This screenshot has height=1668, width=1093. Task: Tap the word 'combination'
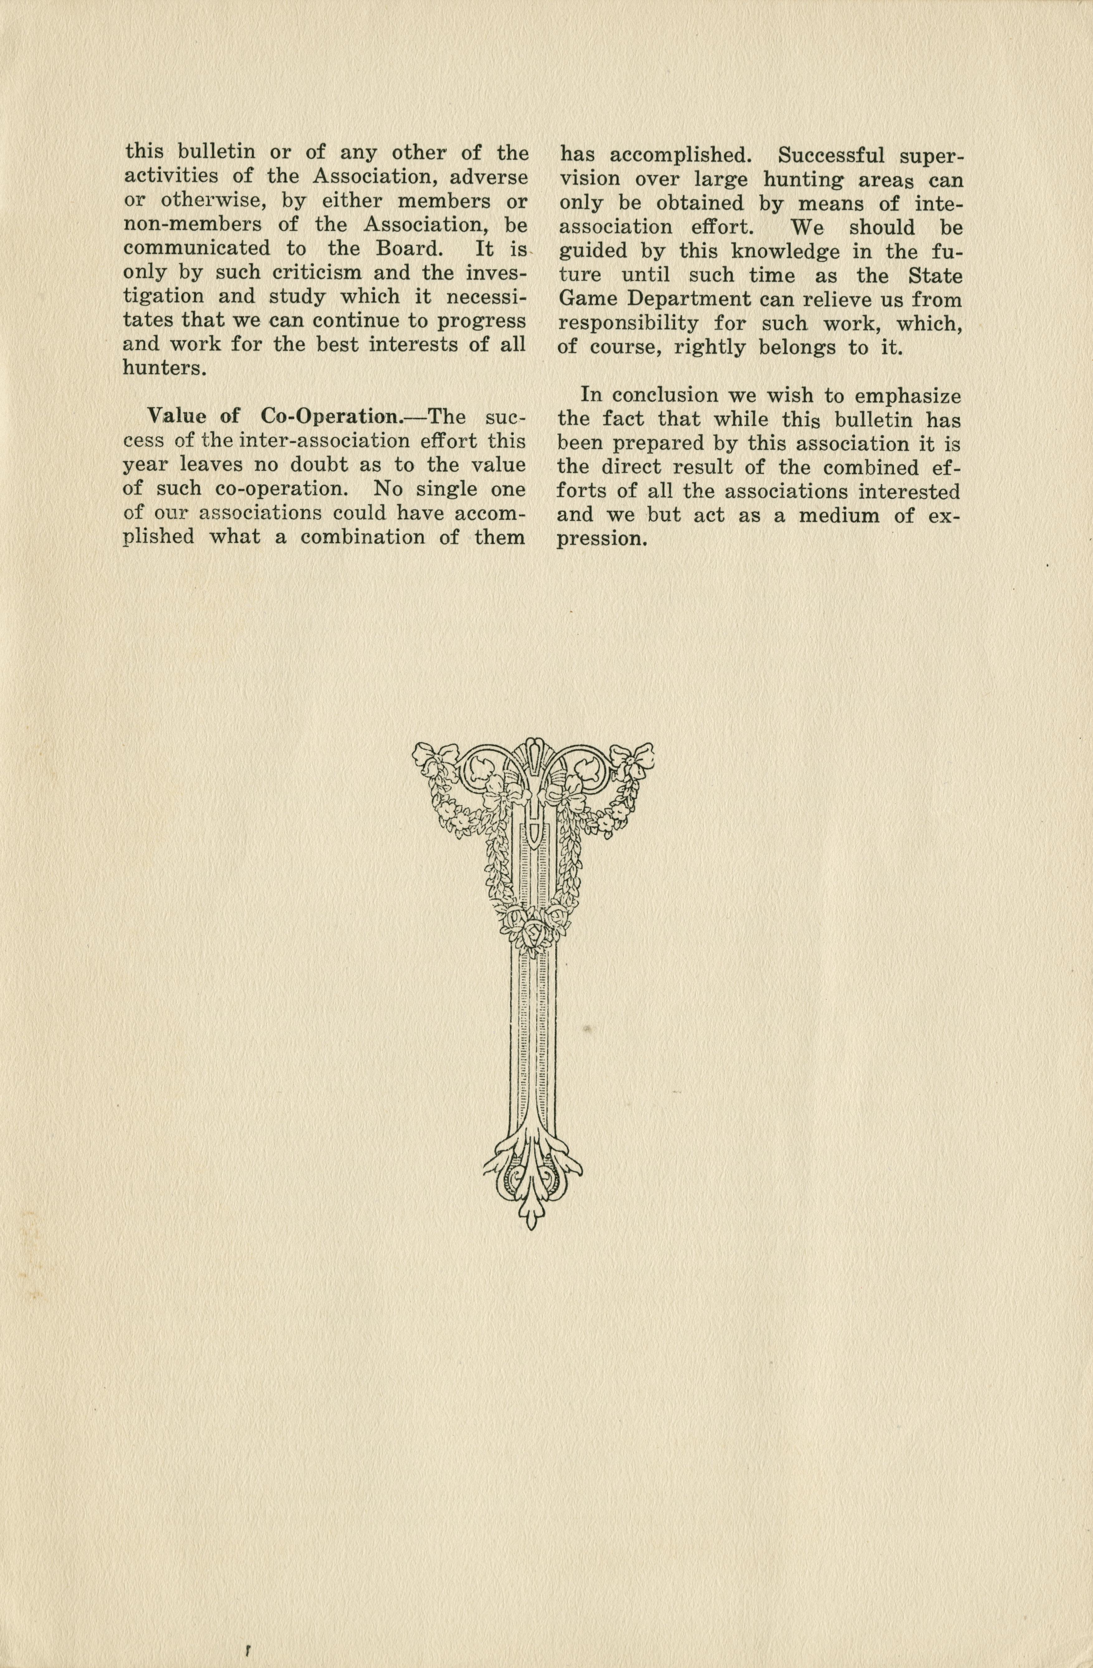[372, 537]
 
